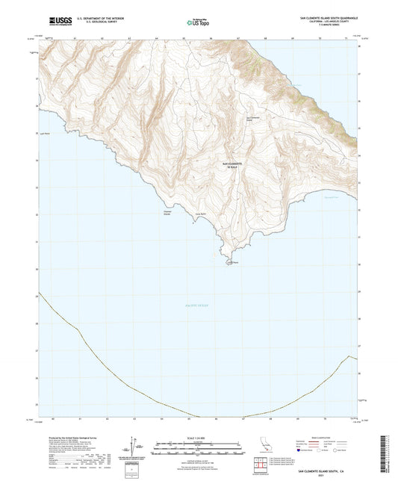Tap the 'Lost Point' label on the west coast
click(44, 134)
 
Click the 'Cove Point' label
click(199, 214)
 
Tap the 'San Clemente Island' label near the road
click(253, 118)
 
